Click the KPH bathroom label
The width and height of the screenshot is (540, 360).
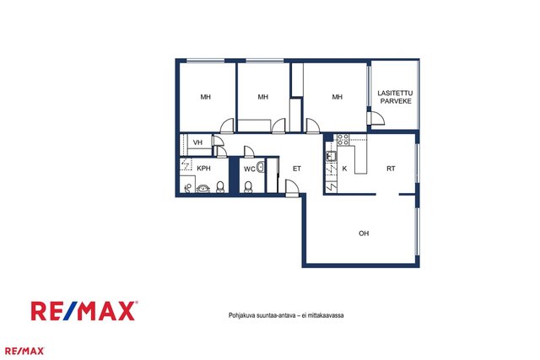click(203, 169)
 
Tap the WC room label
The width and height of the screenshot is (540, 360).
click(250, 169)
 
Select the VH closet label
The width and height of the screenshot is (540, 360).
click(197, 142)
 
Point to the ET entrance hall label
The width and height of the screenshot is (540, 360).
click(297, 169)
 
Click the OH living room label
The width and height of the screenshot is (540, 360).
click(364, 234)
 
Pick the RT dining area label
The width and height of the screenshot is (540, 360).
click(391, 169)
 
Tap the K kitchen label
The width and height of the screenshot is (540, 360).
click(344, 169)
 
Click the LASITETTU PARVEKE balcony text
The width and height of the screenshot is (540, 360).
click(395, 97)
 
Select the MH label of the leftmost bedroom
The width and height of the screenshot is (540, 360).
click(206, 97)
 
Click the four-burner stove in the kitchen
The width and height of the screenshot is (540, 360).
click(343, 139)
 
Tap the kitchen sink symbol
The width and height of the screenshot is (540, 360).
click(332, 156)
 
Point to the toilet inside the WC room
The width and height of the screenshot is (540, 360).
click(248, 187)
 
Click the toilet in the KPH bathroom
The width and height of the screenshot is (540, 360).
click(220, 187)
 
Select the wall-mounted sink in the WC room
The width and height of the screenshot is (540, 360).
click(261, 167)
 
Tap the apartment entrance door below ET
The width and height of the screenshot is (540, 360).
click(292, 188)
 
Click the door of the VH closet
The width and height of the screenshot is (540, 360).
click(218, 141)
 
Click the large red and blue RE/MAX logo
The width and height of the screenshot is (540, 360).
click(84, 311)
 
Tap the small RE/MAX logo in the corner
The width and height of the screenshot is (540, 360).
click(24, 351)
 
